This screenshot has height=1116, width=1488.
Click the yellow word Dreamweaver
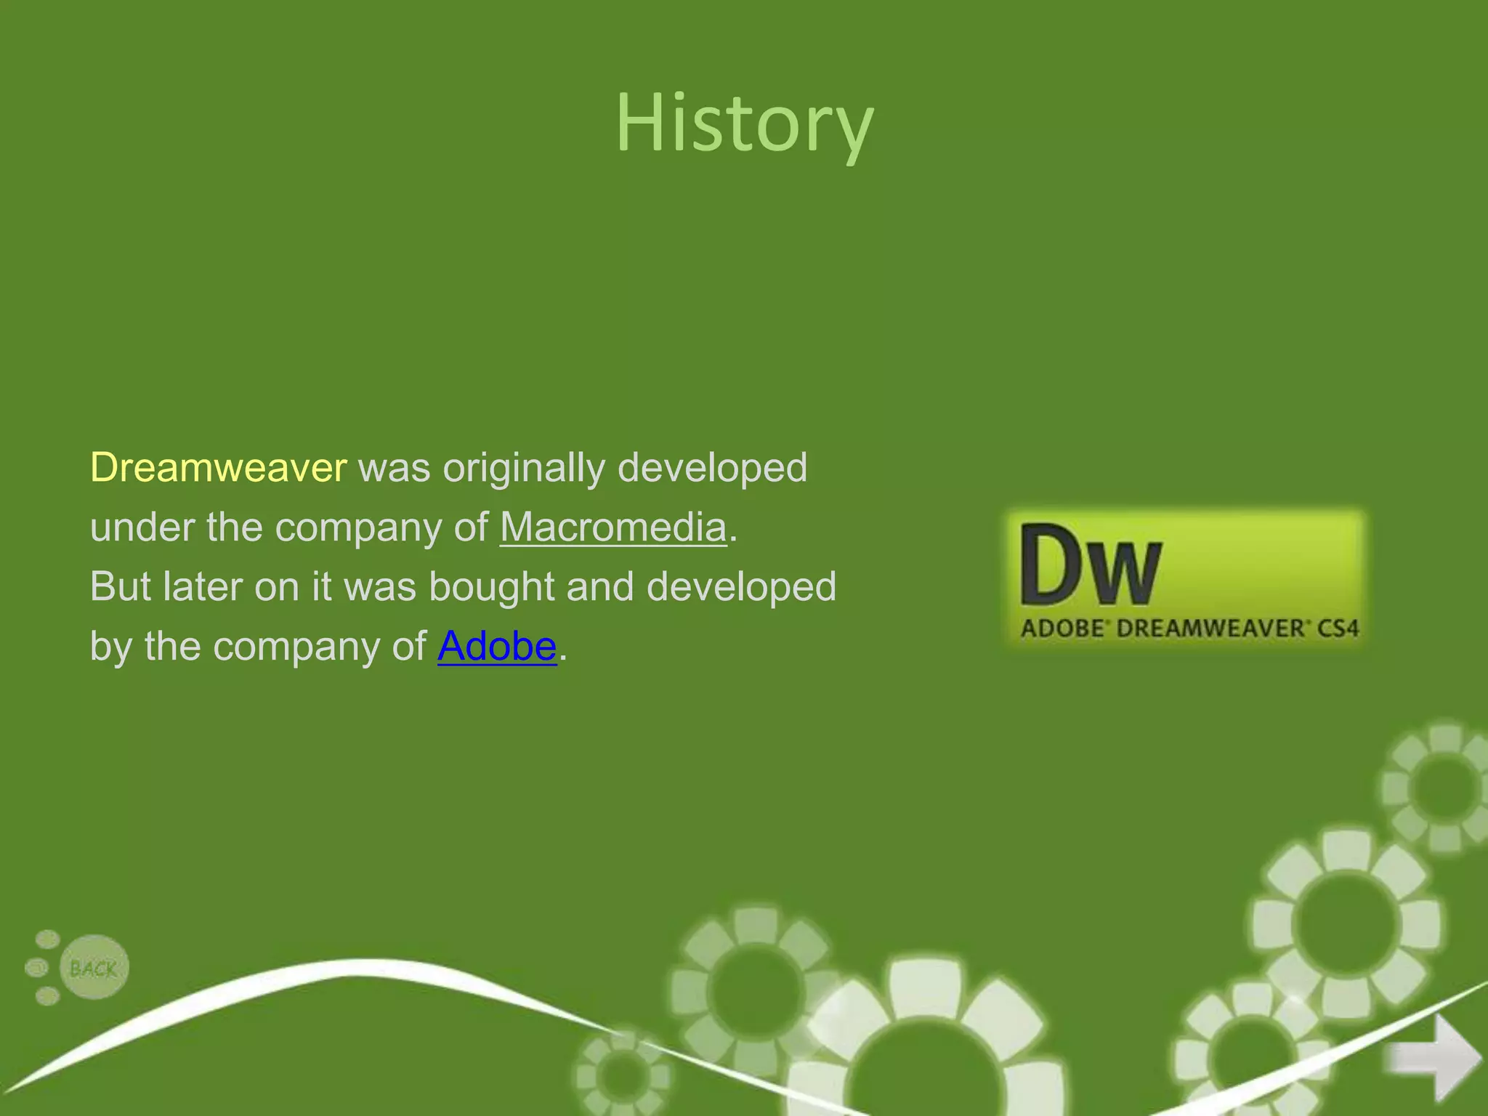pyautogui.click(x=218, y=467)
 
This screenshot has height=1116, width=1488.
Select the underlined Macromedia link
pyautogui.click(x=613, y=527)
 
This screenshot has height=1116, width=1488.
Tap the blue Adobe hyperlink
pyautogui.click(x=497, y=646)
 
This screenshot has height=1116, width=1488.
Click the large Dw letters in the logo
pyautogui.click(x=1090, y=565)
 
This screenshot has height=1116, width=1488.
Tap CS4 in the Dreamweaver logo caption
pyautogui.click(x=1338, y=628)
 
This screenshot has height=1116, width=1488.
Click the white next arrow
pyautogui.click(x=1433, y=1057)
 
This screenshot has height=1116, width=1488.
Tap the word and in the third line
pyautogui.click(x=600, y=586)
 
